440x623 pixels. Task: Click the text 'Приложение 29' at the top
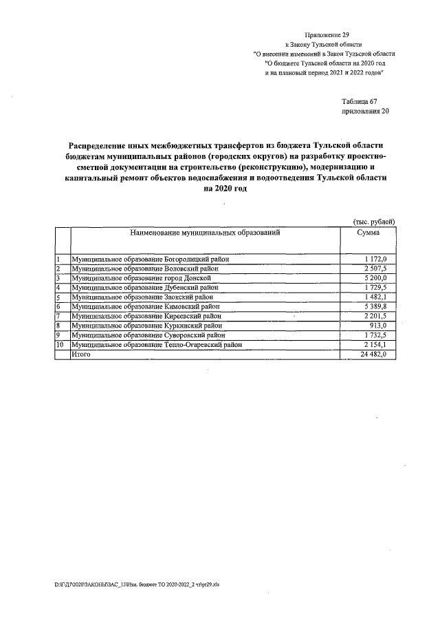[327, 34]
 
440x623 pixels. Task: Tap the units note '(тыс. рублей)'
[373, 222]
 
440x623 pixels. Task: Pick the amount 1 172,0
[375, 259]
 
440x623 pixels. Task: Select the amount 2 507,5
[375, 268]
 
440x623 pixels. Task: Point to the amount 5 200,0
[375, 278]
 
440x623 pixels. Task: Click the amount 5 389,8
[375, 306]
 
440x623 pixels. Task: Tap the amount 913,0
[379, 326]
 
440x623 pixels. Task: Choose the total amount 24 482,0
[373, 354]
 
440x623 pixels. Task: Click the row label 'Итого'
[81, 354]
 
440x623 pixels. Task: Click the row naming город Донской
[145, 278]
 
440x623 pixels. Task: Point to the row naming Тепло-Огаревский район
[157, 344]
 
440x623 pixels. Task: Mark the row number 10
[60, 344]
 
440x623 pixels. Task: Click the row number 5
[58, 297]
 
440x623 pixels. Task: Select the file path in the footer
[137, 584]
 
